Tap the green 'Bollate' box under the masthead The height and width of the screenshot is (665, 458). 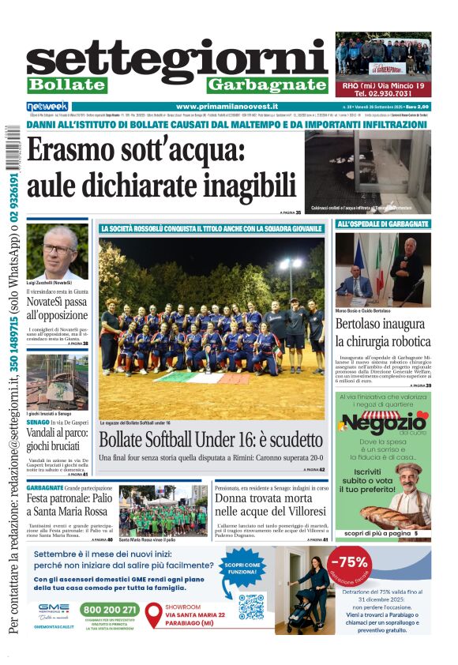[66, 85]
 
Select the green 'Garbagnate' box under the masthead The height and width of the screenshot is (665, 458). [267, 85]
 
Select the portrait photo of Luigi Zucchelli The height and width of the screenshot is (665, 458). [56, 251]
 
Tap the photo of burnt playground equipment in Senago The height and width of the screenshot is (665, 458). [57, 381]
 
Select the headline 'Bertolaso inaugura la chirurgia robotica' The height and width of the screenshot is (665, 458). [383, 332]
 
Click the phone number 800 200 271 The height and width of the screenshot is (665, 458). [110, 610]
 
